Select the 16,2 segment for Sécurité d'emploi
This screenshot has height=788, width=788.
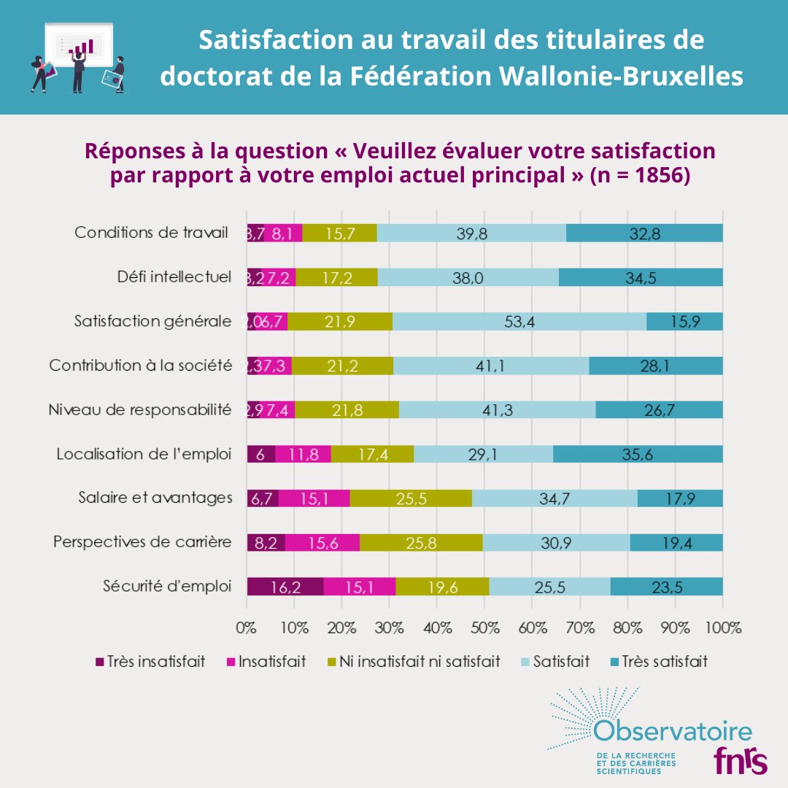(x=285, y=587)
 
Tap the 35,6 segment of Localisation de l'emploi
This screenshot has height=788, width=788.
(x=638, y=454)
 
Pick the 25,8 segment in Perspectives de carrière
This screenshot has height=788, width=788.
(x=421, y=542)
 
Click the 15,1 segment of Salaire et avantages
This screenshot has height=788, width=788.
(x=314, y=498)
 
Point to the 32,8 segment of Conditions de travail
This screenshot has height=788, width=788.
(x=644, y=233)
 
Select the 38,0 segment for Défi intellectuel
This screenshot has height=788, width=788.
(x=468, y=277)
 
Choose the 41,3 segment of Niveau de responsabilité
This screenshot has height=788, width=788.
(x=497, y=410)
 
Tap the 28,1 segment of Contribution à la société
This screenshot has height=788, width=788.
(x=655, y=366)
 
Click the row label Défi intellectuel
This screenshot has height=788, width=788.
(x=174, y=277)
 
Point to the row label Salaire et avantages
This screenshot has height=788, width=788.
(x=155, y=498)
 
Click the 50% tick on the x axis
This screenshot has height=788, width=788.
(x=485, y=627)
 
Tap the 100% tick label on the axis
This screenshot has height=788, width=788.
(x=722, y=627)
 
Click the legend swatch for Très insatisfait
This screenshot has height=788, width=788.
(x=100, y=663)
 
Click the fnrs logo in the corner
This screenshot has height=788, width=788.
(x=740, y=761)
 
